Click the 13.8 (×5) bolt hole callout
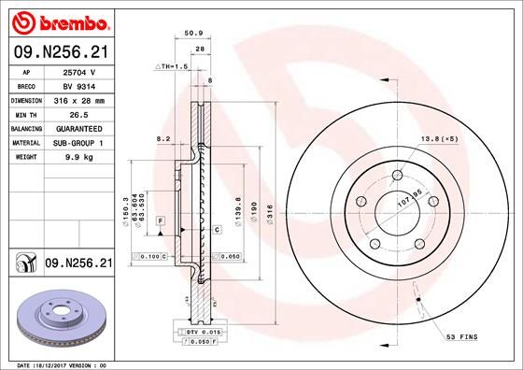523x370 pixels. [x=437, y=138]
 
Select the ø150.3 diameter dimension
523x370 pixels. [x=125, y=211]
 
